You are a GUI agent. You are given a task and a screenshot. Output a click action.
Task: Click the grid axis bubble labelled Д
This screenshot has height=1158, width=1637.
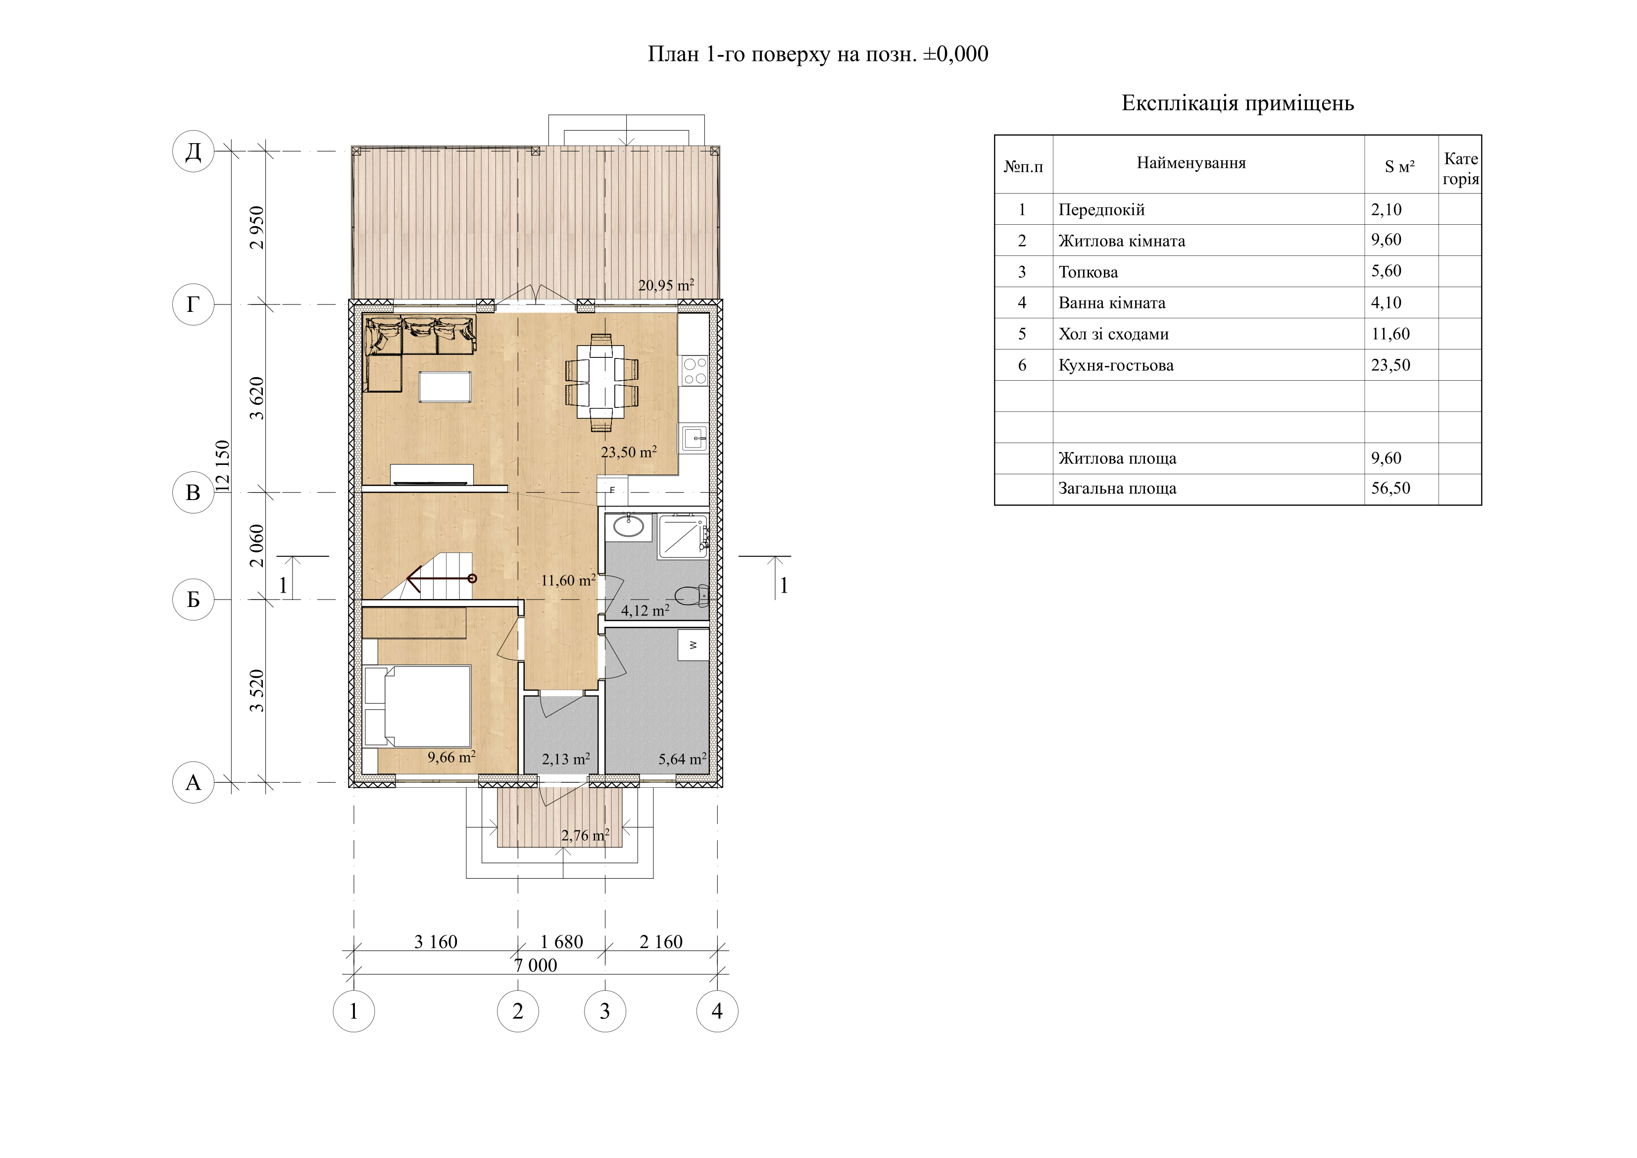pos(193,151)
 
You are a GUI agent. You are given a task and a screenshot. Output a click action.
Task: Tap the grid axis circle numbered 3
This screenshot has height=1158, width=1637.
pos(604,1011)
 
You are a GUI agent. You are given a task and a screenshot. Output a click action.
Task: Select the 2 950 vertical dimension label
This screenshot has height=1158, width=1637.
pos(257,227)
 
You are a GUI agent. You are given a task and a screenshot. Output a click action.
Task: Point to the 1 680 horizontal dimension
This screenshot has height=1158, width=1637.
pos(562,942)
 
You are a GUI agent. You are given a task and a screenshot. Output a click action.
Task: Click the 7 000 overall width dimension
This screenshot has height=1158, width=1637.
pos(536,965)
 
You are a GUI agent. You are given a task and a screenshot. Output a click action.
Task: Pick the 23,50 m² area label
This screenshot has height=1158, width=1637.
pos(629,452)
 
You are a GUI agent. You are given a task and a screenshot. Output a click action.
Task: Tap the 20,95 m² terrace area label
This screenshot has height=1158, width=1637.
pos(666,285)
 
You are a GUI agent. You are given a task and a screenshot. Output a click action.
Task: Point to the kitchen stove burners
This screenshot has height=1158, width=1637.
pos(694,371)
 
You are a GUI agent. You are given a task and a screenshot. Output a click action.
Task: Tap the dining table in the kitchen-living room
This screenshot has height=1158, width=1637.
pos(601,383)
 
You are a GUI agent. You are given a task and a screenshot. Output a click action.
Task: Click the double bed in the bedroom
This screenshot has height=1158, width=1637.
pos(418,706)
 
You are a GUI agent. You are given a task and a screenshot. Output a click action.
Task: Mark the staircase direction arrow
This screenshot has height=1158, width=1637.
pos(441,578)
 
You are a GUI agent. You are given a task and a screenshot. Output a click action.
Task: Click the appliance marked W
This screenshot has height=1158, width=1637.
pos(693,645)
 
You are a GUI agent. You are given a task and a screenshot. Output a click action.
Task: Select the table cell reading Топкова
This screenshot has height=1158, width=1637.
pos(1088,272)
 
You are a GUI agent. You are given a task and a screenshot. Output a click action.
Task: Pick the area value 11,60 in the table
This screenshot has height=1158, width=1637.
pos(1390,334)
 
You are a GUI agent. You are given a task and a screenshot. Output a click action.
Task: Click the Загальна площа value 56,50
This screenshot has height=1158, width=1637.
pos(1390,489)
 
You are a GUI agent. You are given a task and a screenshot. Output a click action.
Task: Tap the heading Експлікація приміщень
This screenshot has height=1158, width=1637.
pos(1238,103)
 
